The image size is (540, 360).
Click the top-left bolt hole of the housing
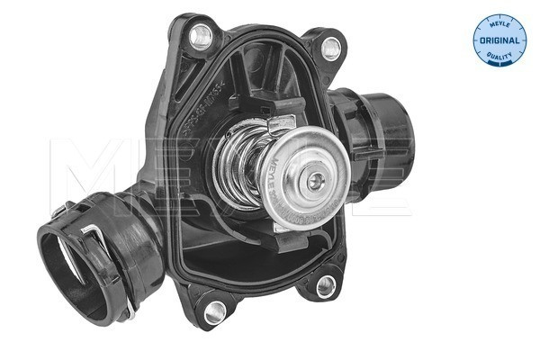202,35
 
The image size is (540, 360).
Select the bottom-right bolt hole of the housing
326,285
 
